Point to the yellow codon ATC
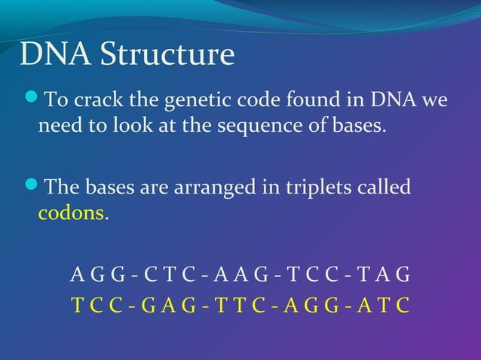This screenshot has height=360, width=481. [388, 306]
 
